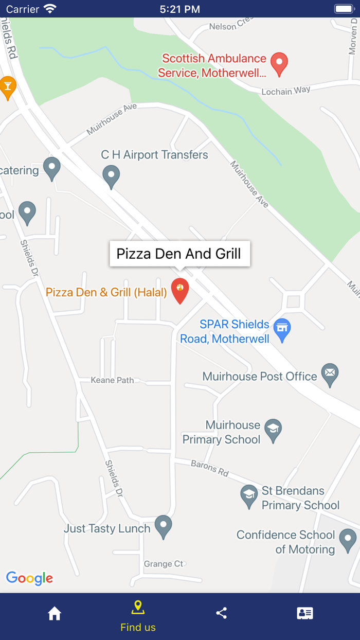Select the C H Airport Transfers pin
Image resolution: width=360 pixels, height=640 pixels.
click(x=111, y=176)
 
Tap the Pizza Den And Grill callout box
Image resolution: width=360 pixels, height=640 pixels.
click(x=179, y=254)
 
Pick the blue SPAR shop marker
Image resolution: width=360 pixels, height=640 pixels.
click(x=281, y=330)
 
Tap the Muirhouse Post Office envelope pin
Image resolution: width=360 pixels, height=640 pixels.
click(x=330, y=374)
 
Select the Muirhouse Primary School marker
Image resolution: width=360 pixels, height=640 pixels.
click(x=273, y=430)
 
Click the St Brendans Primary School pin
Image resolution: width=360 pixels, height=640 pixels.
click(x=249, y=496)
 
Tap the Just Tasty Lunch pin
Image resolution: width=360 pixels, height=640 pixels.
click(x=163, y=526)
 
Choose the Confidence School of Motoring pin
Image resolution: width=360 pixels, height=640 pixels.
click(x=348, y=540)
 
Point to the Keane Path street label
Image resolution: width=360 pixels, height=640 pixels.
click(x=112, y=380)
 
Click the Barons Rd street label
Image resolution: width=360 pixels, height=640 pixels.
click(x=209, y=468)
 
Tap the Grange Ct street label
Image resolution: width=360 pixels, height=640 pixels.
click(x=163, y=564)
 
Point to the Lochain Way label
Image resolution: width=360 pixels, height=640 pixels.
click(x=286, y=91)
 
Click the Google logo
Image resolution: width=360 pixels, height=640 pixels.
click(x=29, y=578)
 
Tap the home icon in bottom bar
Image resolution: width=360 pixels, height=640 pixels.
click(x=55, y=613)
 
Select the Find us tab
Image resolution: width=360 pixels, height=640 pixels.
click(x=138, y=616)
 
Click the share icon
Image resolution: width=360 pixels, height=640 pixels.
click(x=222, y=613)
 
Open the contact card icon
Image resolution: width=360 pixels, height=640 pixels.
click(x=305, y=613)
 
